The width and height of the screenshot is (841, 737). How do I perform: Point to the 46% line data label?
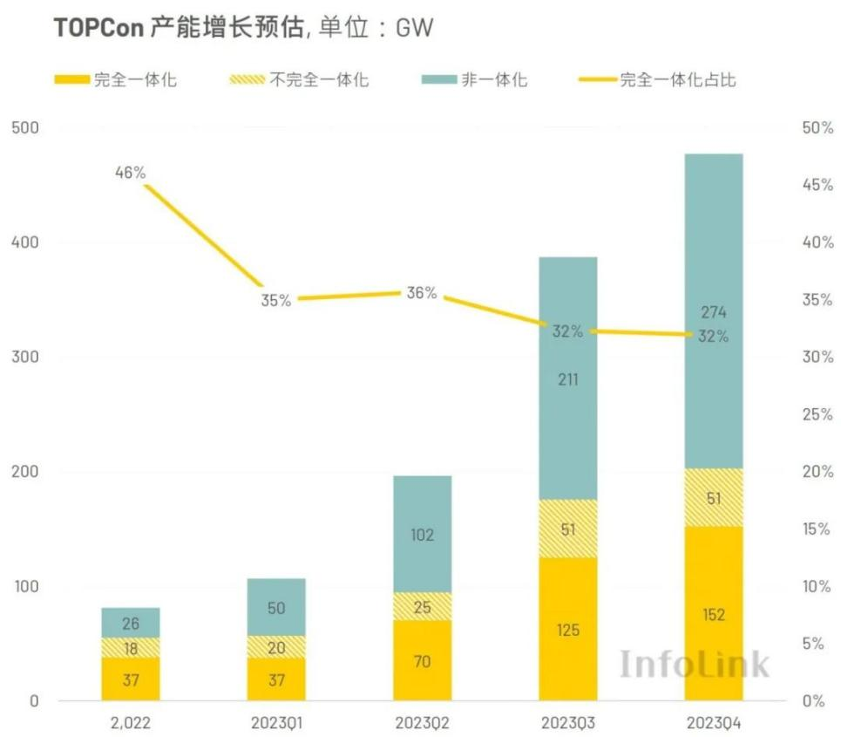point(130,173)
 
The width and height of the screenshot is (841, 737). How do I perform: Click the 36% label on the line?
point(422,293)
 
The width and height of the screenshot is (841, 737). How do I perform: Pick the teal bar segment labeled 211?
point(567,379)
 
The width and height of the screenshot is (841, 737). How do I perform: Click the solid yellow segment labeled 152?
point(713,614)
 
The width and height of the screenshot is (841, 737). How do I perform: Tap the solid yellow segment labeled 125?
point(567,629)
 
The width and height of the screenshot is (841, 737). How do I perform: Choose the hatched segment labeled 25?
point(422,606)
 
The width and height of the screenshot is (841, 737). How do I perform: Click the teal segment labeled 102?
point(422,535)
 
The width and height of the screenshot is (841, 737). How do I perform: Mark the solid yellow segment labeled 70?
point(422,660)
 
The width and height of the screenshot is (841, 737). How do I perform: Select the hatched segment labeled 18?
point(131,648)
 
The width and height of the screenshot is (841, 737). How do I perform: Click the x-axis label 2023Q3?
point(567,723)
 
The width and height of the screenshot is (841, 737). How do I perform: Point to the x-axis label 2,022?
point(131,723)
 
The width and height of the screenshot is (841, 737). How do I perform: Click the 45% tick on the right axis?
point(817,185)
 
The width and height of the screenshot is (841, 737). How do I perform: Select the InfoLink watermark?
point(694,665)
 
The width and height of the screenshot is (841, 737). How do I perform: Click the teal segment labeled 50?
point(276,608)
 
